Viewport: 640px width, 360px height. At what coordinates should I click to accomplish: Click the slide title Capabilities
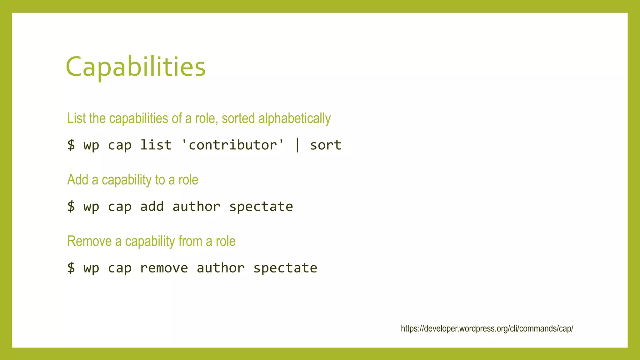tap(136, 67)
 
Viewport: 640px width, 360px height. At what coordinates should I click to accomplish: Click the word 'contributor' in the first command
tap(233, 145)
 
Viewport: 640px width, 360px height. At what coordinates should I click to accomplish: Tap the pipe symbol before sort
tap(297, 145)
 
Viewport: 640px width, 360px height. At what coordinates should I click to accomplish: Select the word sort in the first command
tap(326, 145)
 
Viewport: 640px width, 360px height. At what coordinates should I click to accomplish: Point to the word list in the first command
tap(156, 145)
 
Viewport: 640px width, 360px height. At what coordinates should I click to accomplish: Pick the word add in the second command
tap(152, 207)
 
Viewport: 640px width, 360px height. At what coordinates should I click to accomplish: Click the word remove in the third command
tap(164, 268)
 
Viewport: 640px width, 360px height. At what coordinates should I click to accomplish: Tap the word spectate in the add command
tap(261, 207)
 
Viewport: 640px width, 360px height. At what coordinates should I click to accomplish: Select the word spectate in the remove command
tap(285, 268)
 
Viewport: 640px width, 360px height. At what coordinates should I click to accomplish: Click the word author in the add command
tap(197, 207)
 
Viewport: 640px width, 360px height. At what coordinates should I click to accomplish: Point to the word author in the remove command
tap(221, 268)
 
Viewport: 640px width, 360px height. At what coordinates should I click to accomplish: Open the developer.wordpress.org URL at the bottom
tap(487, 328)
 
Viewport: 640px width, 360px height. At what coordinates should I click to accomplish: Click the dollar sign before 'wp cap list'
tap(71, 145)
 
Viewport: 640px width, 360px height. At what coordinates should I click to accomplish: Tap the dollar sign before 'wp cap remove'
tap(71, 268)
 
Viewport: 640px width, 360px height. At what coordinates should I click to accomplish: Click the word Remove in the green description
tap(89, 241)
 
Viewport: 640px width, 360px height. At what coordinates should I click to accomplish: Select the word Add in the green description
tap(78, 180)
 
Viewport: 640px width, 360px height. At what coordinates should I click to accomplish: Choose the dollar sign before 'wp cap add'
tap(71, 207)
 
